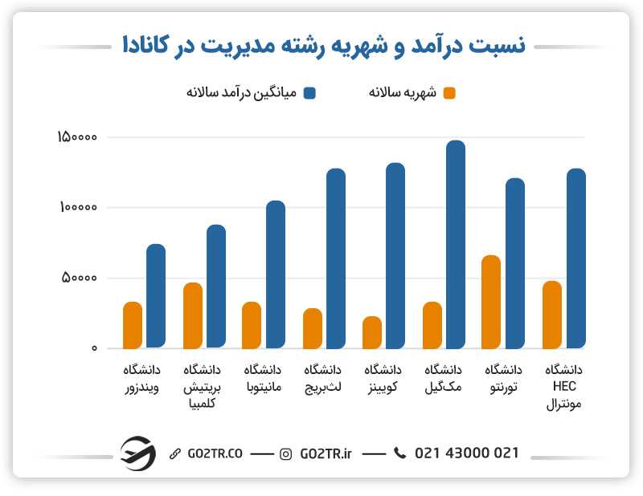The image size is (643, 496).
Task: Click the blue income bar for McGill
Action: coord(455,245)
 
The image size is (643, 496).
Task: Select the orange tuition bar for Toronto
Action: coord(491,302)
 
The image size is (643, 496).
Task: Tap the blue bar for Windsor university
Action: coord(156,296)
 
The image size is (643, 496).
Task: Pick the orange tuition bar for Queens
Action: coord(372,332)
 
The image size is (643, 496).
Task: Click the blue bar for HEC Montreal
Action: coord(575,258)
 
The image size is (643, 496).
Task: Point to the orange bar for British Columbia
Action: coord(193,315)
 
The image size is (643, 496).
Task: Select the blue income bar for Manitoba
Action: coord(276,274)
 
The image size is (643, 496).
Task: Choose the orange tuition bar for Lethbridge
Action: coord(313,328)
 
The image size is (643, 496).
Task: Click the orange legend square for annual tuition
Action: coord(449,93)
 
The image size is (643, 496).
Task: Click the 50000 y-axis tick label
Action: coord(80,278)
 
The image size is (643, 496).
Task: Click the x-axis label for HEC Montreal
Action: coord(563,388)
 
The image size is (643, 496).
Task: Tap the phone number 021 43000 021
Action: coord(466,453)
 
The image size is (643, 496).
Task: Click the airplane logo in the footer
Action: coord(137,453)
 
